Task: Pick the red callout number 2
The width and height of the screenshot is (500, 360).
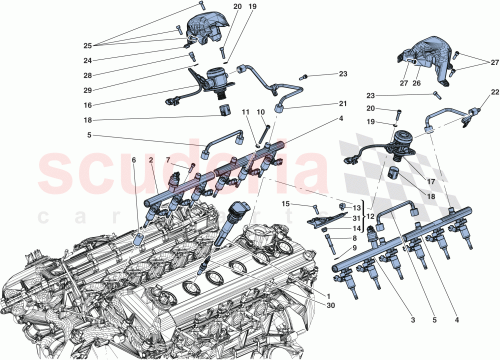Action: [151, 160]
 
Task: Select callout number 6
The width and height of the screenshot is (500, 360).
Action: [135, 160]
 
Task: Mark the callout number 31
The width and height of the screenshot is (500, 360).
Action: [329, 219]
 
